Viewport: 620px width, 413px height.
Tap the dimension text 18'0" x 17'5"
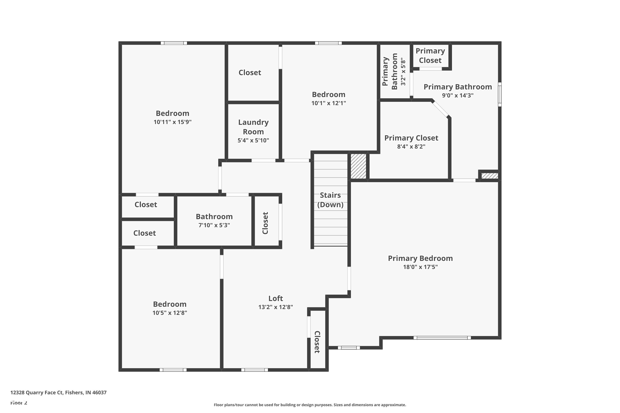(x=420, y=267)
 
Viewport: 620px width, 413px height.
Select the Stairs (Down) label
(x=330, y=200)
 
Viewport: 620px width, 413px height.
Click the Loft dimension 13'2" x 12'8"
(x=275, y=307)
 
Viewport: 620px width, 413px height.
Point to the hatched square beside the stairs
(x=358, y=166)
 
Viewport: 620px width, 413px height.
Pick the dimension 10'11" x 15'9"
(x=172, y=122)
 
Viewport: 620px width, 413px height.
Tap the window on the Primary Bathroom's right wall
(x=500, y=94)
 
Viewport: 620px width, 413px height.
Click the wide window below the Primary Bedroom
(x=442, y=338)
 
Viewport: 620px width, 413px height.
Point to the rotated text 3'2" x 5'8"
(x=403, y=72)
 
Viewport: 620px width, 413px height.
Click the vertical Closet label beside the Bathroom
(x=265, y=223)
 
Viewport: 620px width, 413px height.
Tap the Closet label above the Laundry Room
(x=250, y=72)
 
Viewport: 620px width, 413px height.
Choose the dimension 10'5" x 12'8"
(x=169, y=313)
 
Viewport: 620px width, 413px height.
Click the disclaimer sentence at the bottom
(x=310, y=405)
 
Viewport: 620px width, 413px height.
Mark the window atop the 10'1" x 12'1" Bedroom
(x=328, y=43)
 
